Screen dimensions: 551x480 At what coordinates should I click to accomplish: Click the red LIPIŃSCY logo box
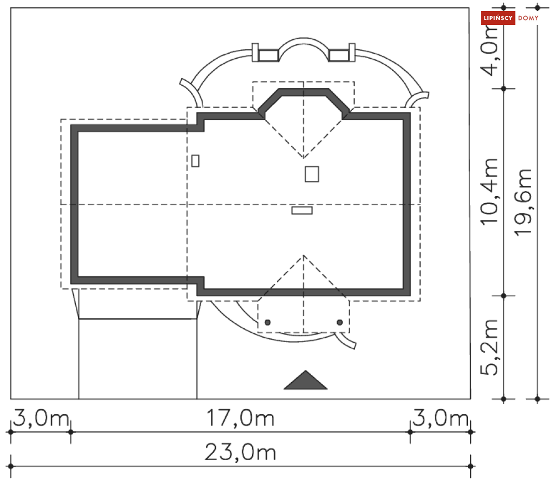coord(498,18)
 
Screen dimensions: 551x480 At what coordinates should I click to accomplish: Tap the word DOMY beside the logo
coord(528,18)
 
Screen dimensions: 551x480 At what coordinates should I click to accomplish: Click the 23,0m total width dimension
coord(240,452)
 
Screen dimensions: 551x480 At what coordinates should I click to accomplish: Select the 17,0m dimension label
coord(240,418)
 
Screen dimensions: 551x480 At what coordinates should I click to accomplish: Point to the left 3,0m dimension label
coord(42,418)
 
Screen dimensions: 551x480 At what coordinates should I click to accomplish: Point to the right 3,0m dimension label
coord(440,418)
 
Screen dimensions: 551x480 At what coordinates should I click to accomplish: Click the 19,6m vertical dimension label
coord(523,202)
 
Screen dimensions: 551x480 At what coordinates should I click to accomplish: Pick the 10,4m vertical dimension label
coord(490,192)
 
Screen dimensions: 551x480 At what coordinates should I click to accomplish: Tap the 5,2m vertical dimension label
coord(490,347)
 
